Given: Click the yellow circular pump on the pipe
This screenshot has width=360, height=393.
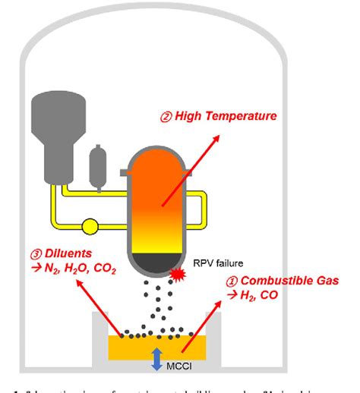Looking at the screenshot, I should [90, 225].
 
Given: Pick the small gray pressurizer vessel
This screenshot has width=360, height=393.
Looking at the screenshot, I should [99, 165].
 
